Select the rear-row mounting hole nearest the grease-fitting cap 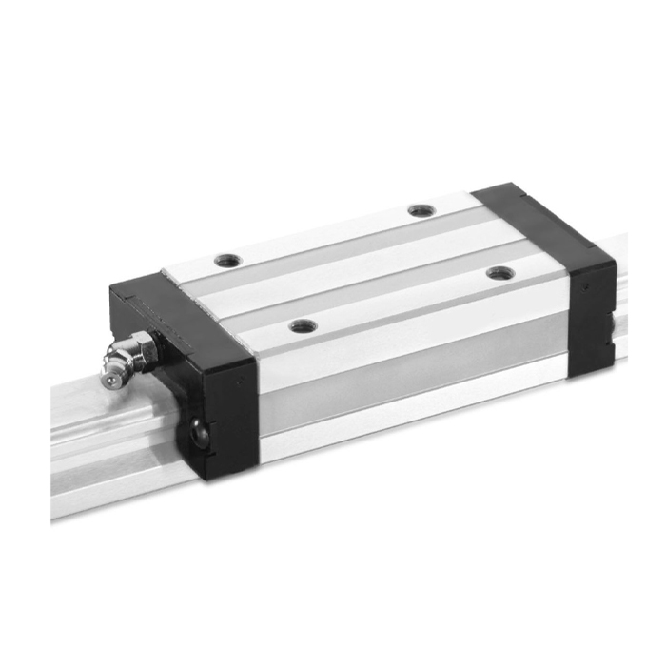(225, 259)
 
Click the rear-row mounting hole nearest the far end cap (419, 210)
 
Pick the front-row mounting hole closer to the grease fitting (302, 326)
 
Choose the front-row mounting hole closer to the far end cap (500, 273)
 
